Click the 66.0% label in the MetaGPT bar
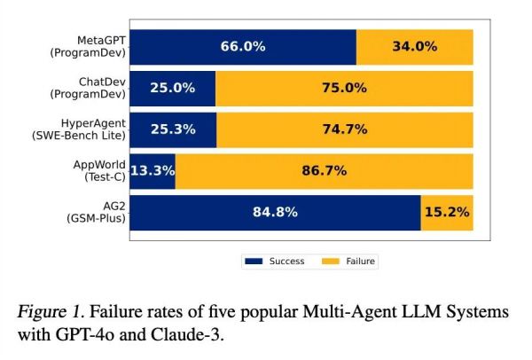click(243, 47)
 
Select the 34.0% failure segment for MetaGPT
click(415, 47)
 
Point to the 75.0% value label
click(345, 89)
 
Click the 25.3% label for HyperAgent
click(174, 130)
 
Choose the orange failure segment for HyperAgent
click(345, 130)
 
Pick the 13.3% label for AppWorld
click(153, 171)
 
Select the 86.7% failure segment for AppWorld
click(325, 171)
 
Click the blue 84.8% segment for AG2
click(275, 213)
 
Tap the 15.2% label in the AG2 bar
click(447, 213)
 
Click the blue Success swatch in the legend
click(254, 262)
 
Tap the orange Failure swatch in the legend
click(331, 262)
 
